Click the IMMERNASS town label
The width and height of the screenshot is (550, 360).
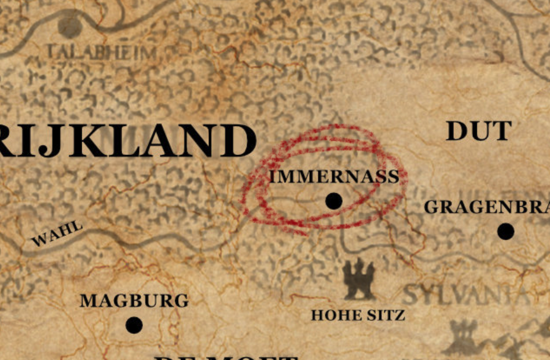(334, 177)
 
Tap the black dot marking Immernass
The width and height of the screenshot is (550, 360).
(333, 201)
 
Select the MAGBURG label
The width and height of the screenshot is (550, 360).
(134, 301)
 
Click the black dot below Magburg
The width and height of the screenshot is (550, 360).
(134, 325)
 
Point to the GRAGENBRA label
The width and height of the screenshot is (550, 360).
(487, 207)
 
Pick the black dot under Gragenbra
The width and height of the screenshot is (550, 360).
(505, 232)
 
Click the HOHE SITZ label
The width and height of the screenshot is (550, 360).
(358, 315)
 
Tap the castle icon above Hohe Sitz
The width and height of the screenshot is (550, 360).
(359, 278)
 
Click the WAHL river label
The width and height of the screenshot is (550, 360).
(57, 233)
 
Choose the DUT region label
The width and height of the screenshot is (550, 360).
(479, 131)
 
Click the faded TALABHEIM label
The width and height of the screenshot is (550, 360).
(102, 53)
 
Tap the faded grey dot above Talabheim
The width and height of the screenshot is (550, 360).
(70, 26)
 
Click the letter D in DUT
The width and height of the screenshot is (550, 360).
(457, 131)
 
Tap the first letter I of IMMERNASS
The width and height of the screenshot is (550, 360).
(273, 177)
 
